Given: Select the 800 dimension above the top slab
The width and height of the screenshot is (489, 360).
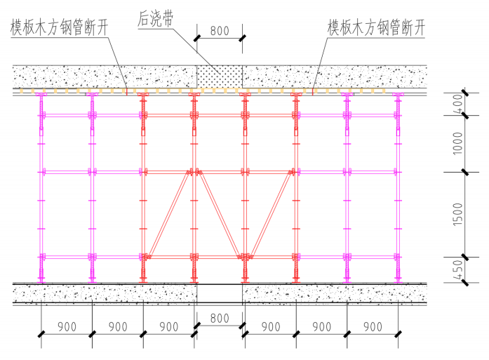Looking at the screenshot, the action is point(220,30).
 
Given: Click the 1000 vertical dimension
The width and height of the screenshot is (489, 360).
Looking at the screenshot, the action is point(457,145).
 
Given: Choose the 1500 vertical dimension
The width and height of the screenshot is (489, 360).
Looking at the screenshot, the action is point(457,214).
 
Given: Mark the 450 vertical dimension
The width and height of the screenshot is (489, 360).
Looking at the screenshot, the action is point(457,269).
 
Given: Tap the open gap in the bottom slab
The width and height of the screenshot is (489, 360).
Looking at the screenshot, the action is point(220,293).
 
